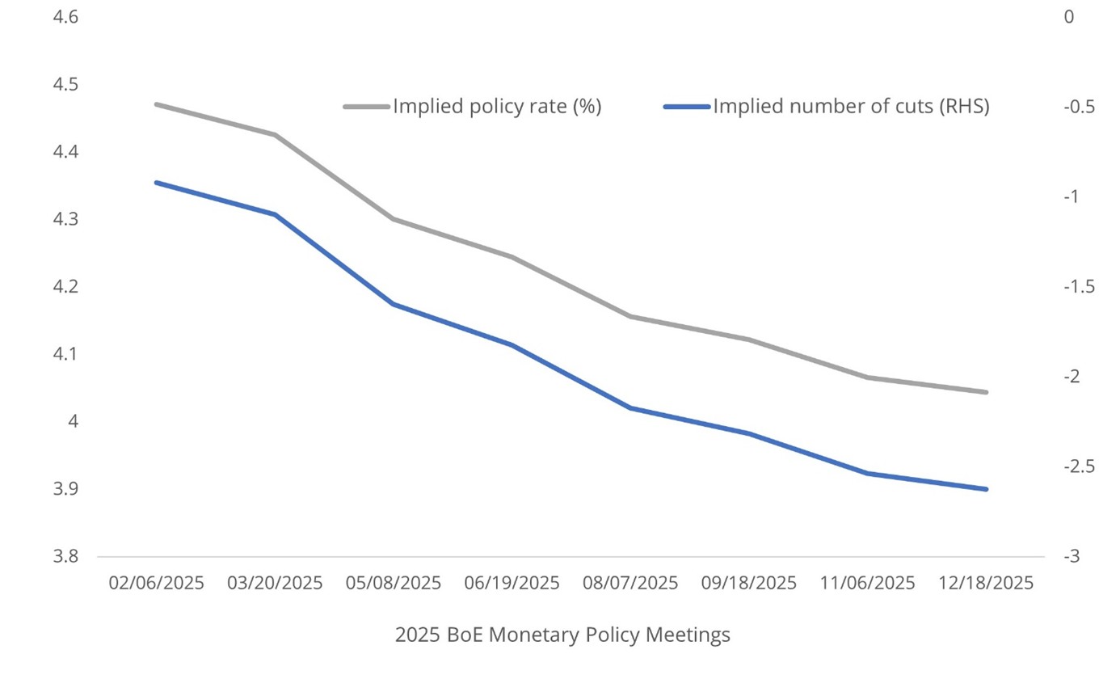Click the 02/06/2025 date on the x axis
click(157, 583)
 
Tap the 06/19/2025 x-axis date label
click(512, 583)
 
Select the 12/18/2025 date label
click(987, 583)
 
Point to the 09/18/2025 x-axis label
click(749, 583)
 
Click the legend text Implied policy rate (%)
click(497, 107)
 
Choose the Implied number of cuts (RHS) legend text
click(851, 107)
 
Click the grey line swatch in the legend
click(367, 107)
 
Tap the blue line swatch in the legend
click(687, 107)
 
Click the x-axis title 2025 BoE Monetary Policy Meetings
click(562, 635)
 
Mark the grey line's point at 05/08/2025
click(394, 219)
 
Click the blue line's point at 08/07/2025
click(631, 407)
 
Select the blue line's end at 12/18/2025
click(987, 489)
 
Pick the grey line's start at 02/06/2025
click(157, 104)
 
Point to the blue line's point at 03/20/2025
click(276, 214)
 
